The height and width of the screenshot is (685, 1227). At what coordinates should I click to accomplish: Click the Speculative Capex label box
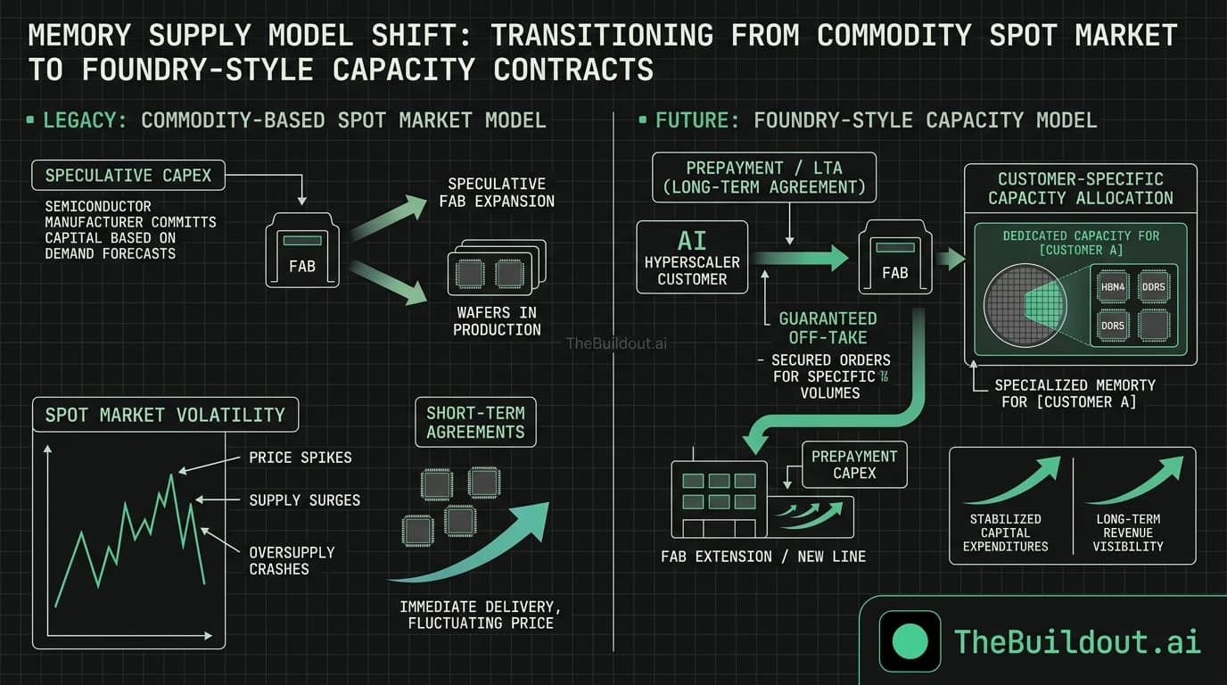128,175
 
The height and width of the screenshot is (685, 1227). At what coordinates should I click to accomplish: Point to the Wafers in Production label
497,321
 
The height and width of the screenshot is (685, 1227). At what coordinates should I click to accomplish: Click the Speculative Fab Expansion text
497,193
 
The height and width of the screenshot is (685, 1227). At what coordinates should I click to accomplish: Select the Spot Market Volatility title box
165,415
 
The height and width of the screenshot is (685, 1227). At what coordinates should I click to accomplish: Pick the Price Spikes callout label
301,458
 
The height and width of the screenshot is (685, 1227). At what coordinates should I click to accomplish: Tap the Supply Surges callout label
305,500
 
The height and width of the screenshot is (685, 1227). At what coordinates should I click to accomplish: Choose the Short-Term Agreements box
475,422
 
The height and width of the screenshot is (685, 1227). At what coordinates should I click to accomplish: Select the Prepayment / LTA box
764,177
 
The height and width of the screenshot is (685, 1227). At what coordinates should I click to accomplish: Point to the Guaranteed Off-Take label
828,327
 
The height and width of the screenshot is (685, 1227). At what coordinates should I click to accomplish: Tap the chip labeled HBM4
1113,286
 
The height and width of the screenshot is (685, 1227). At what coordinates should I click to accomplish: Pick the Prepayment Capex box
854,464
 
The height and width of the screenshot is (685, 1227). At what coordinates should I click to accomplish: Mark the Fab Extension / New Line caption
762,557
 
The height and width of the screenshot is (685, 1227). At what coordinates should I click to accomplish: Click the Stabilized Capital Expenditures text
1005,532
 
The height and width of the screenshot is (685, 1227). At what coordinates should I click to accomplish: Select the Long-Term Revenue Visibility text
1128,532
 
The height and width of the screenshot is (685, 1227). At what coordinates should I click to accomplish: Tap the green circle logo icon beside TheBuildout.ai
910,640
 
